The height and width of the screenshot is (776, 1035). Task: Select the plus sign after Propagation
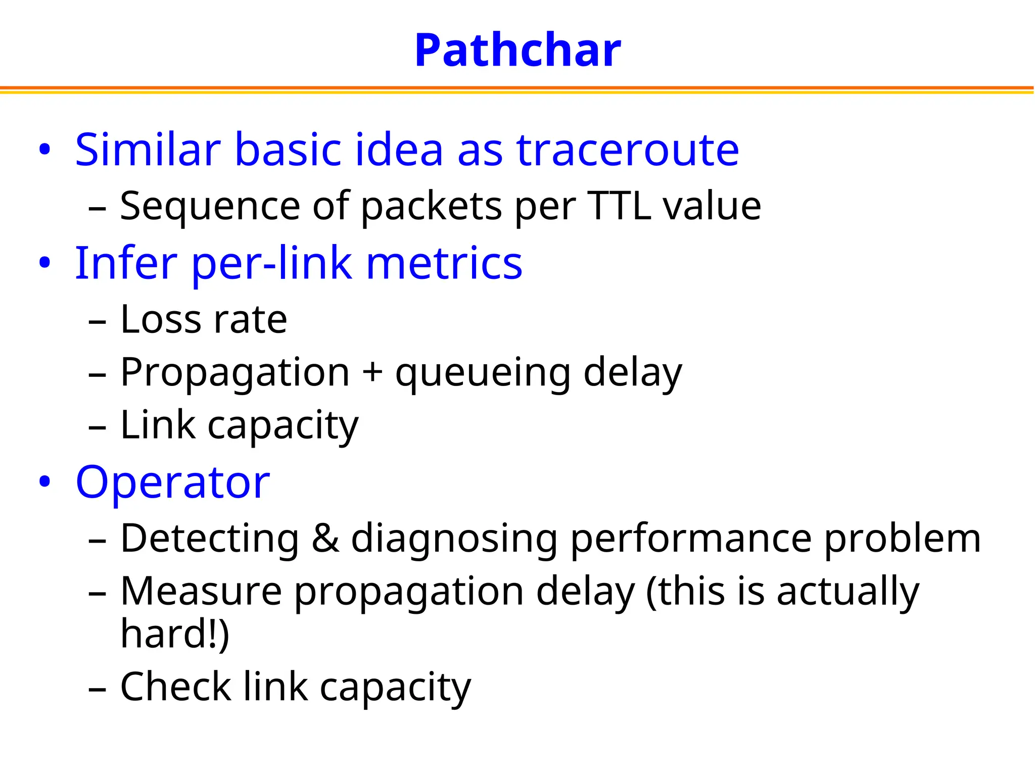(x=372, y=372)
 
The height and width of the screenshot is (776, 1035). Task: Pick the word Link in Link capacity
(x=158, y=425)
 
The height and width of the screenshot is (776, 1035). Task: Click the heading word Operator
(x=172, y=483)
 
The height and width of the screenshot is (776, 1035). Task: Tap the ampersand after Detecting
(x=325, y=538)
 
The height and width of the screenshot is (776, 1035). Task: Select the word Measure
(x=201, y=591)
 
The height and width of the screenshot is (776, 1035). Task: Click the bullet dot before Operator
(x=44, y=482)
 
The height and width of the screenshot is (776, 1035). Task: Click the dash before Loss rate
(x=97, y=321)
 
